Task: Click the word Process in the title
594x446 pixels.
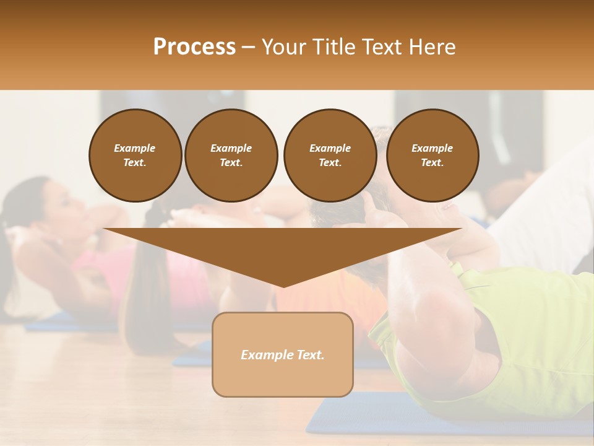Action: point(194,47)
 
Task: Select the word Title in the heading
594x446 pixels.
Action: point(334,47)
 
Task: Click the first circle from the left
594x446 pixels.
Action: point(135,155)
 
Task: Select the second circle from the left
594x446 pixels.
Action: point(231,155)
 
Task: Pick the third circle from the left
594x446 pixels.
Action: point(330,155)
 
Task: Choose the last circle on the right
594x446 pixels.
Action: point(432,155)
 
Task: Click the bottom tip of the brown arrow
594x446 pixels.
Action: point(283,286)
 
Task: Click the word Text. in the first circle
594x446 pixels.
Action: point(135,163)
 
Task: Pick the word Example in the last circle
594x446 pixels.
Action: point(432,148)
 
